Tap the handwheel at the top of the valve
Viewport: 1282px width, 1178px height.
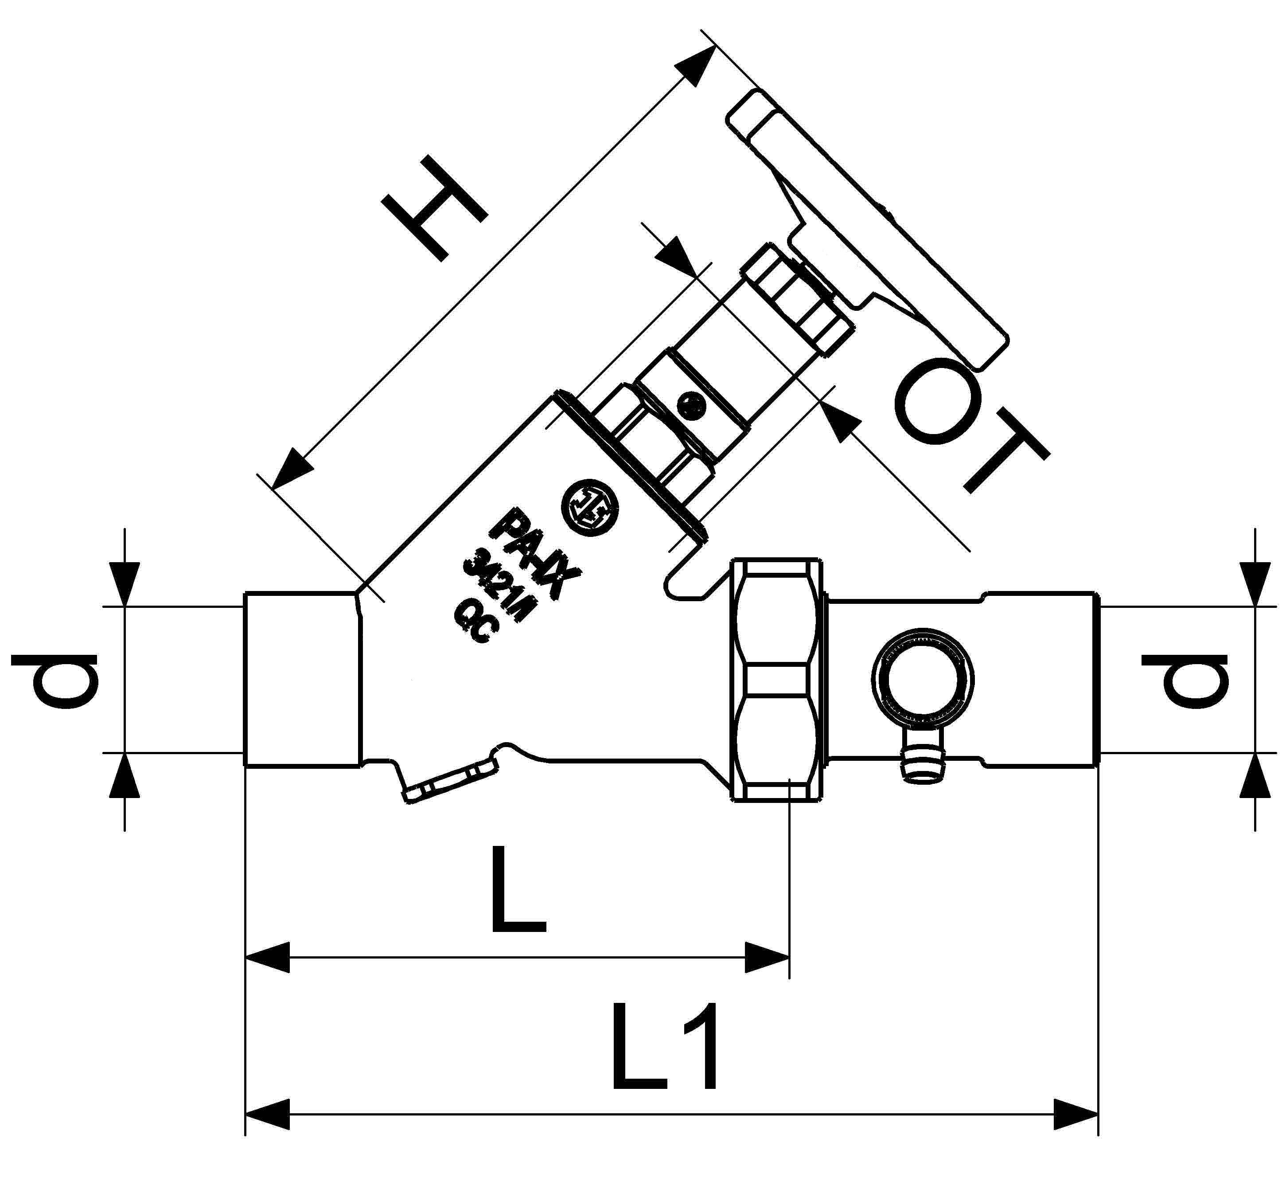[x=867, y=230]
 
